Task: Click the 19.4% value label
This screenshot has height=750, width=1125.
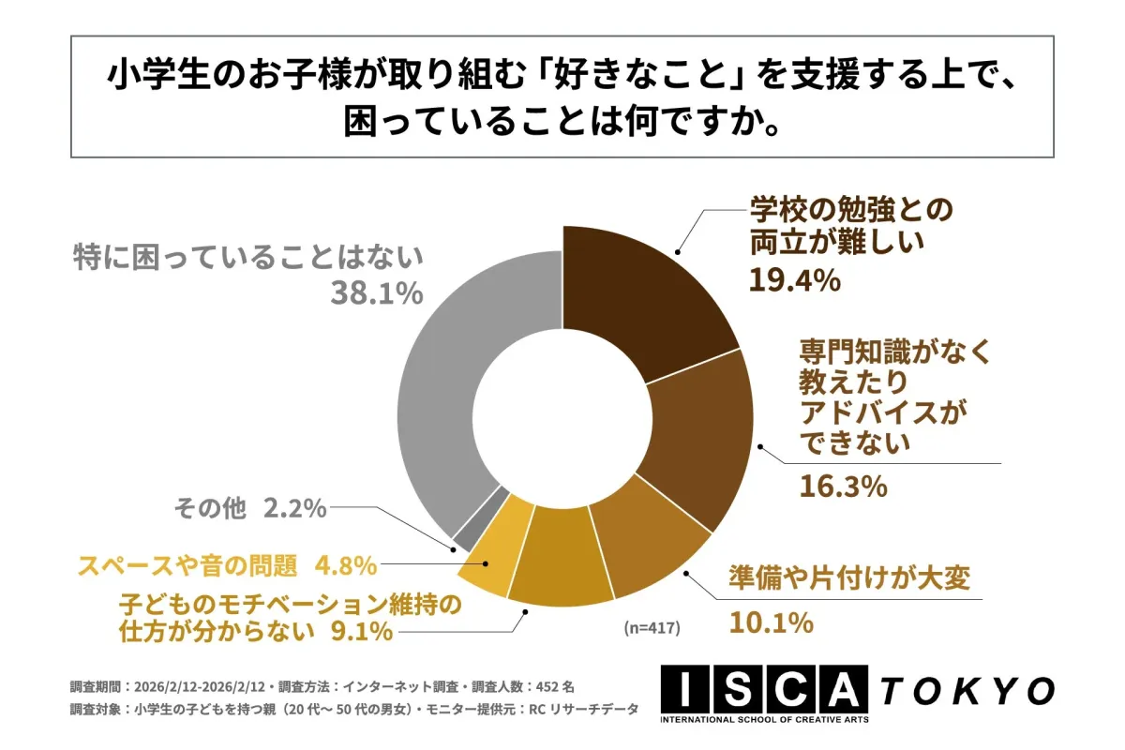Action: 792,279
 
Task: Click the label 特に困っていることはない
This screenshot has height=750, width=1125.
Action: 248,257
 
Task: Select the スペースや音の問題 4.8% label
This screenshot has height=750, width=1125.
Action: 226,565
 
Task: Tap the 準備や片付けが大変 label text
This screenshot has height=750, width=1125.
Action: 847,582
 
